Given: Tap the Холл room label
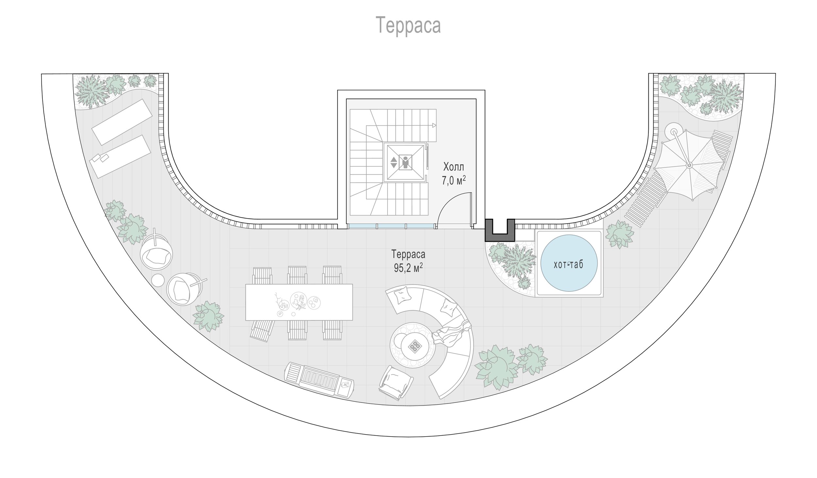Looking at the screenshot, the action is (x=454, y=167).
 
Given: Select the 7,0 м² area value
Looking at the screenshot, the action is (x=454, y=181).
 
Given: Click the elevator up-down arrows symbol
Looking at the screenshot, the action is (x=394, y=162).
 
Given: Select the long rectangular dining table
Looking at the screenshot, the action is (x=299, y=302).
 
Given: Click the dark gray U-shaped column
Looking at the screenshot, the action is (x=500, y=230).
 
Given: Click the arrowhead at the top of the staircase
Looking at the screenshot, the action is (x=434, y=125).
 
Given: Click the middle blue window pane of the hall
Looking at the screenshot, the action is (x=392, y=226).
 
